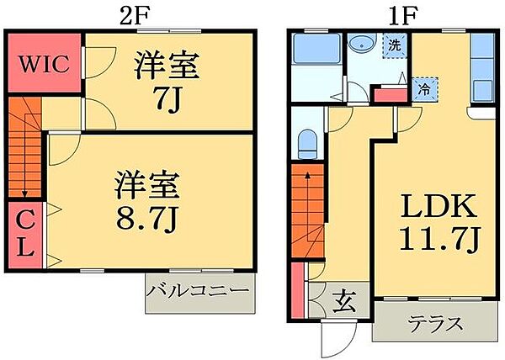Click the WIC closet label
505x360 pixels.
pyautogui.click(x=44, y=64)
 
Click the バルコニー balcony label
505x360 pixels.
pyautogui.click(x=199, y=292)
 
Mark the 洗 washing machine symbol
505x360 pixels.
pyautogui.click(x=393, y=45)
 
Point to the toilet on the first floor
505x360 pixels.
pyautogui.click(x=307, y=143)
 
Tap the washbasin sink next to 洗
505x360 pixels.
pyautogui.click(x=365, y=44)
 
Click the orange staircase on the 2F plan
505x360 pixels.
pyautogui.click(x=24, y=147)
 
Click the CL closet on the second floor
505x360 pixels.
pyautogui.click(x=24, y=235)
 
